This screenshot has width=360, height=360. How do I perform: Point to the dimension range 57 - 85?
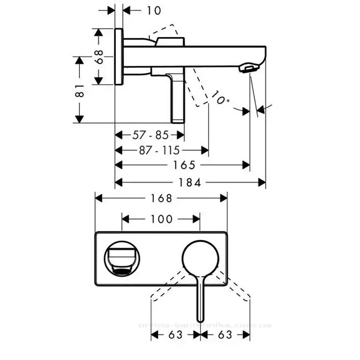[x=150, y=135]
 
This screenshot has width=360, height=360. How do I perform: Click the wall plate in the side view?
[x=119, y=56]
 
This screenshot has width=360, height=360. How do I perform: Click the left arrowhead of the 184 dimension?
[x=118, y=182]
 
